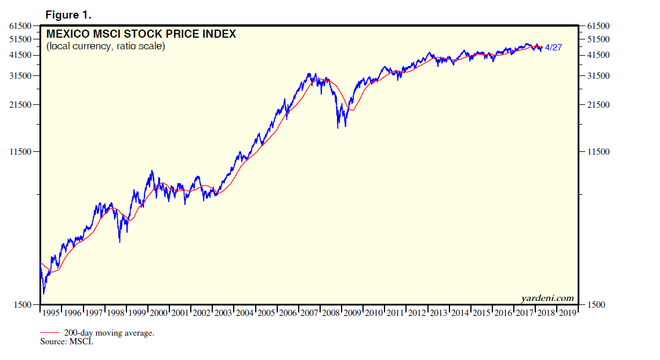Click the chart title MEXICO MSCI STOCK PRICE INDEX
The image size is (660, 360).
point(141,34)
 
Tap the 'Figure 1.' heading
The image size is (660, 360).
point(68,14)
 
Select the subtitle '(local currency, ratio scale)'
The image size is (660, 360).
point(106,46)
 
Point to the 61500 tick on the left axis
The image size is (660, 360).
point(20,26)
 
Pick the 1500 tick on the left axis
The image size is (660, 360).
point(23,304)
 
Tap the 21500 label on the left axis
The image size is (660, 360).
point(20,105)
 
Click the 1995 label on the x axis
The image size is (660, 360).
point(51,313)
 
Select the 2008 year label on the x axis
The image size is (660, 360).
point(331,313)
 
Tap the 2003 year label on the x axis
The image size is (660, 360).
point(223,313)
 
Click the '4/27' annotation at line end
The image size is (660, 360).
point(554,48)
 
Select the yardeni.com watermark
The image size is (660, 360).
point(547,298)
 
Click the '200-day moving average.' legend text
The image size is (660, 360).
point(109,333)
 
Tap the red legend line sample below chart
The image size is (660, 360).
point(49,333)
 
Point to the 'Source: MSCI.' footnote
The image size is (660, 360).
point(67,341)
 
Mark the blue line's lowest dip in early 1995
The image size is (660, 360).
point(43,294)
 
